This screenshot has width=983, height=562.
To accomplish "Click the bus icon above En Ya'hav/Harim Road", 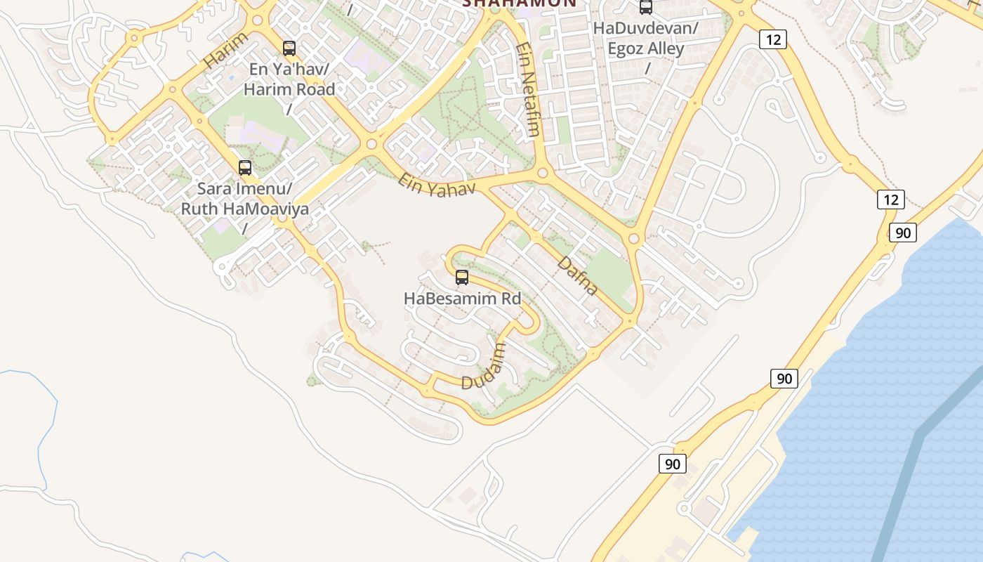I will point(289,48).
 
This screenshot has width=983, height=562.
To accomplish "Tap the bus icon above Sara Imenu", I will point(244,168).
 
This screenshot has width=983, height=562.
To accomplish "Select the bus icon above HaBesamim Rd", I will point(461,277).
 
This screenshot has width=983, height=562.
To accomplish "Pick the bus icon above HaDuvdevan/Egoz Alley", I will point(645,8).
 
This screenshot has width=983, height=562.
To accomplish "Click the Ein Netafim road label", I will point(527,89).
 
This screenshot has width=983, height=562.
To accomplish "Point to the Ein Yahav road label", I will point(437,185).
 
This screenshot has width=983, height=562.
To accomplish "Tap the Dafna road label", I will point(578,276).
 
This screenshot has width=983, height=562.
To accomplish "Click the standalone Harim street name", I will point(225,50).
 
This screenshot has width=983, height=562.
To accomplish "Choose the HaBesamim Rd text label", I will point(462,299).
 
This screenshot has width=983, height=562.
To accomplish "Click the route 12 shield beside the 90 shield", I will point(890,200).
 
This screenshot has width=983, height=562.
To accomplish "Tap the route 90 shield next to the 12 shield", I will point(902,232).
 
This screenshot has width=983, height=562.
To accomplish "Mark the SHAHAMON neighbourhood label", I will point(520,3).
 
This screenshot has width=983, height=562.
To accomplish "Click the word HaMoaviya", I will point(265,209).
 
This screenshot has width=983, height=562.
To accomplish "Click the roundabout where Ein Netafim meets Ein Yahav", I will point(542,173).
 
